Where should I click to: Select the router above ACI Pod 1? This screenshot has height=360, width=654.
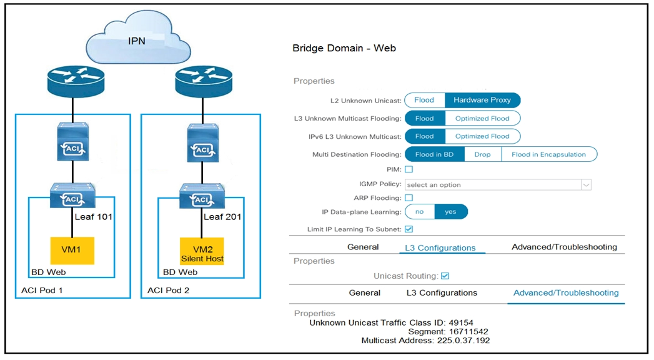pyautogui.click(x=73, y=81)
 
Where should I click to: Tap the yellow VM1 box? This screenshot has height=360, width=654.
pyautogui.click(x=73, y=250)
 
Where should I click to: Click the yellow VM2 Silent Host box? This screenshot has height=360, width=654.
pyautogui.click(x=201, y=250)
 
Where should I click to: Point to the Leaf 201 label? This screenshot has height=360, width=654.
pyautogui.click(x=223, y=217)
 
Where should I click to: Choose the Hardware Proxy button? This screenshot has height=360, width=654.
pyautogui.click(x=482, y=100)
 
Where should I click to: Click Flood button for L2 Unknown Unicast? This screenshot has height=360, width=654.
pyautogui.click(x=424, y=100)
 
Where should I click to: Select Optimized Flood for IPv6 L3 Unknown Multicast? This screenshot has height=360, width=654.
pyautogui.click(x=482, y=136)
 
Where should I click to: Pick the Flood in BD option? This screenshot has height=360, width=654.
pyautogui.click(x=434, y=154)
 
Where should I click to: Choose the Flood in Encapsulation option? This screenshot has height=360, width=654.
pyautogui.click(x=548, y=154)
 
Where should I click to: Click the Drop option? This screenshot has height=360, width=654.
pyautogui.click(x=482, y=154)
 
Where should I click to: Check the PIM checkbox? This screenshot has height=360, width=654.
pyautogui.click(x=409, y=169)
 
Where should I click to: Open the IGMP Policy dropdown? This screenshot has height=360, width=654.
pyautogui.click(x=498, y=185)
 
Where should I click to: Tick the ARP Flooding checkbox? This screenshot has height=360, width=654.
pyautogui.click(x=409, y=198)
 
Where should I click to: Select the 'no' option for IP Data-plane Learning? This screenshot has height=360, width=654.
pyautogui.click(x=420, y=212)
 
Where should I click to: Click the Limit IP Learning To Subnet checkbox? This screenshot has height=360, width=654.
pyautogui.click(x=409, y=229)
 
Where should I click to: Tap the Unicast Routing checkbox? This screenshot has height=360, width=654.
pyautogui.click(x=445, y=276)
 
